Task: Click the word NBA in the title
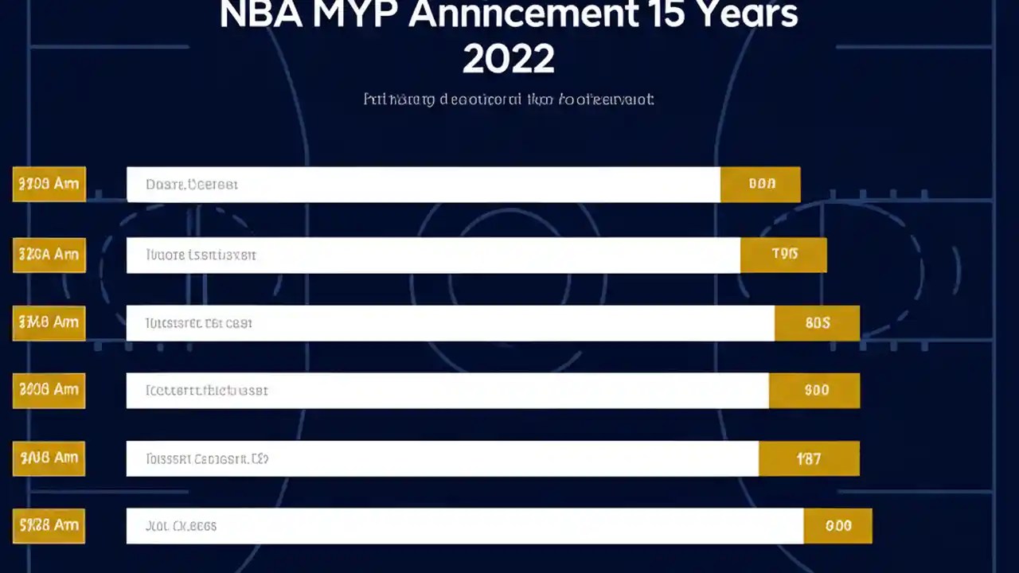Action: (x=260, y=15)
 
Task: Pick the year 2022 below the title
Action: (x=509, y=60)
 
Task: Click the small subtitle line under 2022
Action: (x=509, y=99)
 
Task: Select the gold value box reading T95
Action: (x=783, y=255)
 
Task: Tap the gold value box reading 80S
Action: (x=817, y=323)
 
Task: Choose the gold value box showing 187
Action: (x=809, y=458)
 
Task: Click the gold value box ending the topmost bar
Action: (x=760, y=184)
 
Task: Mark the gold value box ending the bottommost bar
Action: (x=837, y=526)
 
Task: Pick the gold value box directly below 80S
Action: (x=814, y=391)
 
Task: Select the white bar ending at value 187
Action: (x=443, y=458)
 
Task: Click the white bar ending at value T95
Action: (x=434, y=255)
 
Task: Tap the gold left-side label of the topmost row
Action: (x=49, y=184)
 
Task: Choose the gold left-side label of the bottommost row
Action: (x=49, y=526)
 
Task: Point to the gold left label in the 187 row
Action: (x=49, y=458)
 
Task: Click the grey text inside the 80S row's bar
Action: (x=199, y=324)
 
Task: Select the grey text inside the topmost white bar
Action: (x=192, y=185)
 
